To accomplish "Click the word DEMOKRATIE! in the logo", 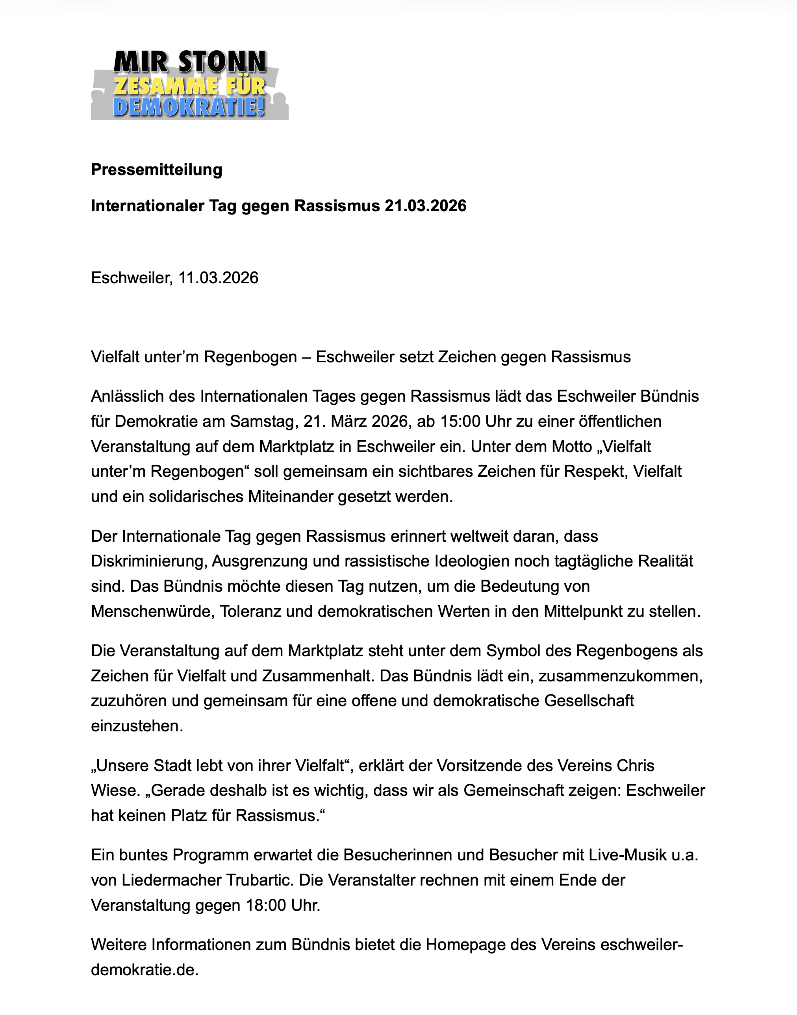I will [189, 107].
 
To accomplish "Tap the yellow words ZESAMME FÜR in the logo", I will [189, 86].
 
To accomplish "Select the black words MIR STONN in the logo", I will [189, 62].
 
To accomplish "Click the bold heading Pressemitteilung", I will [156, 170].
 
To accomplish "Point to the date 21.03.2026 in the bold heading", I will [425, 206].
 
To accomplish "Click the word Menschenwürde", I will [152, 611].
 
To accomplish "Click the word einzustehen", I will [137, 726].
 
